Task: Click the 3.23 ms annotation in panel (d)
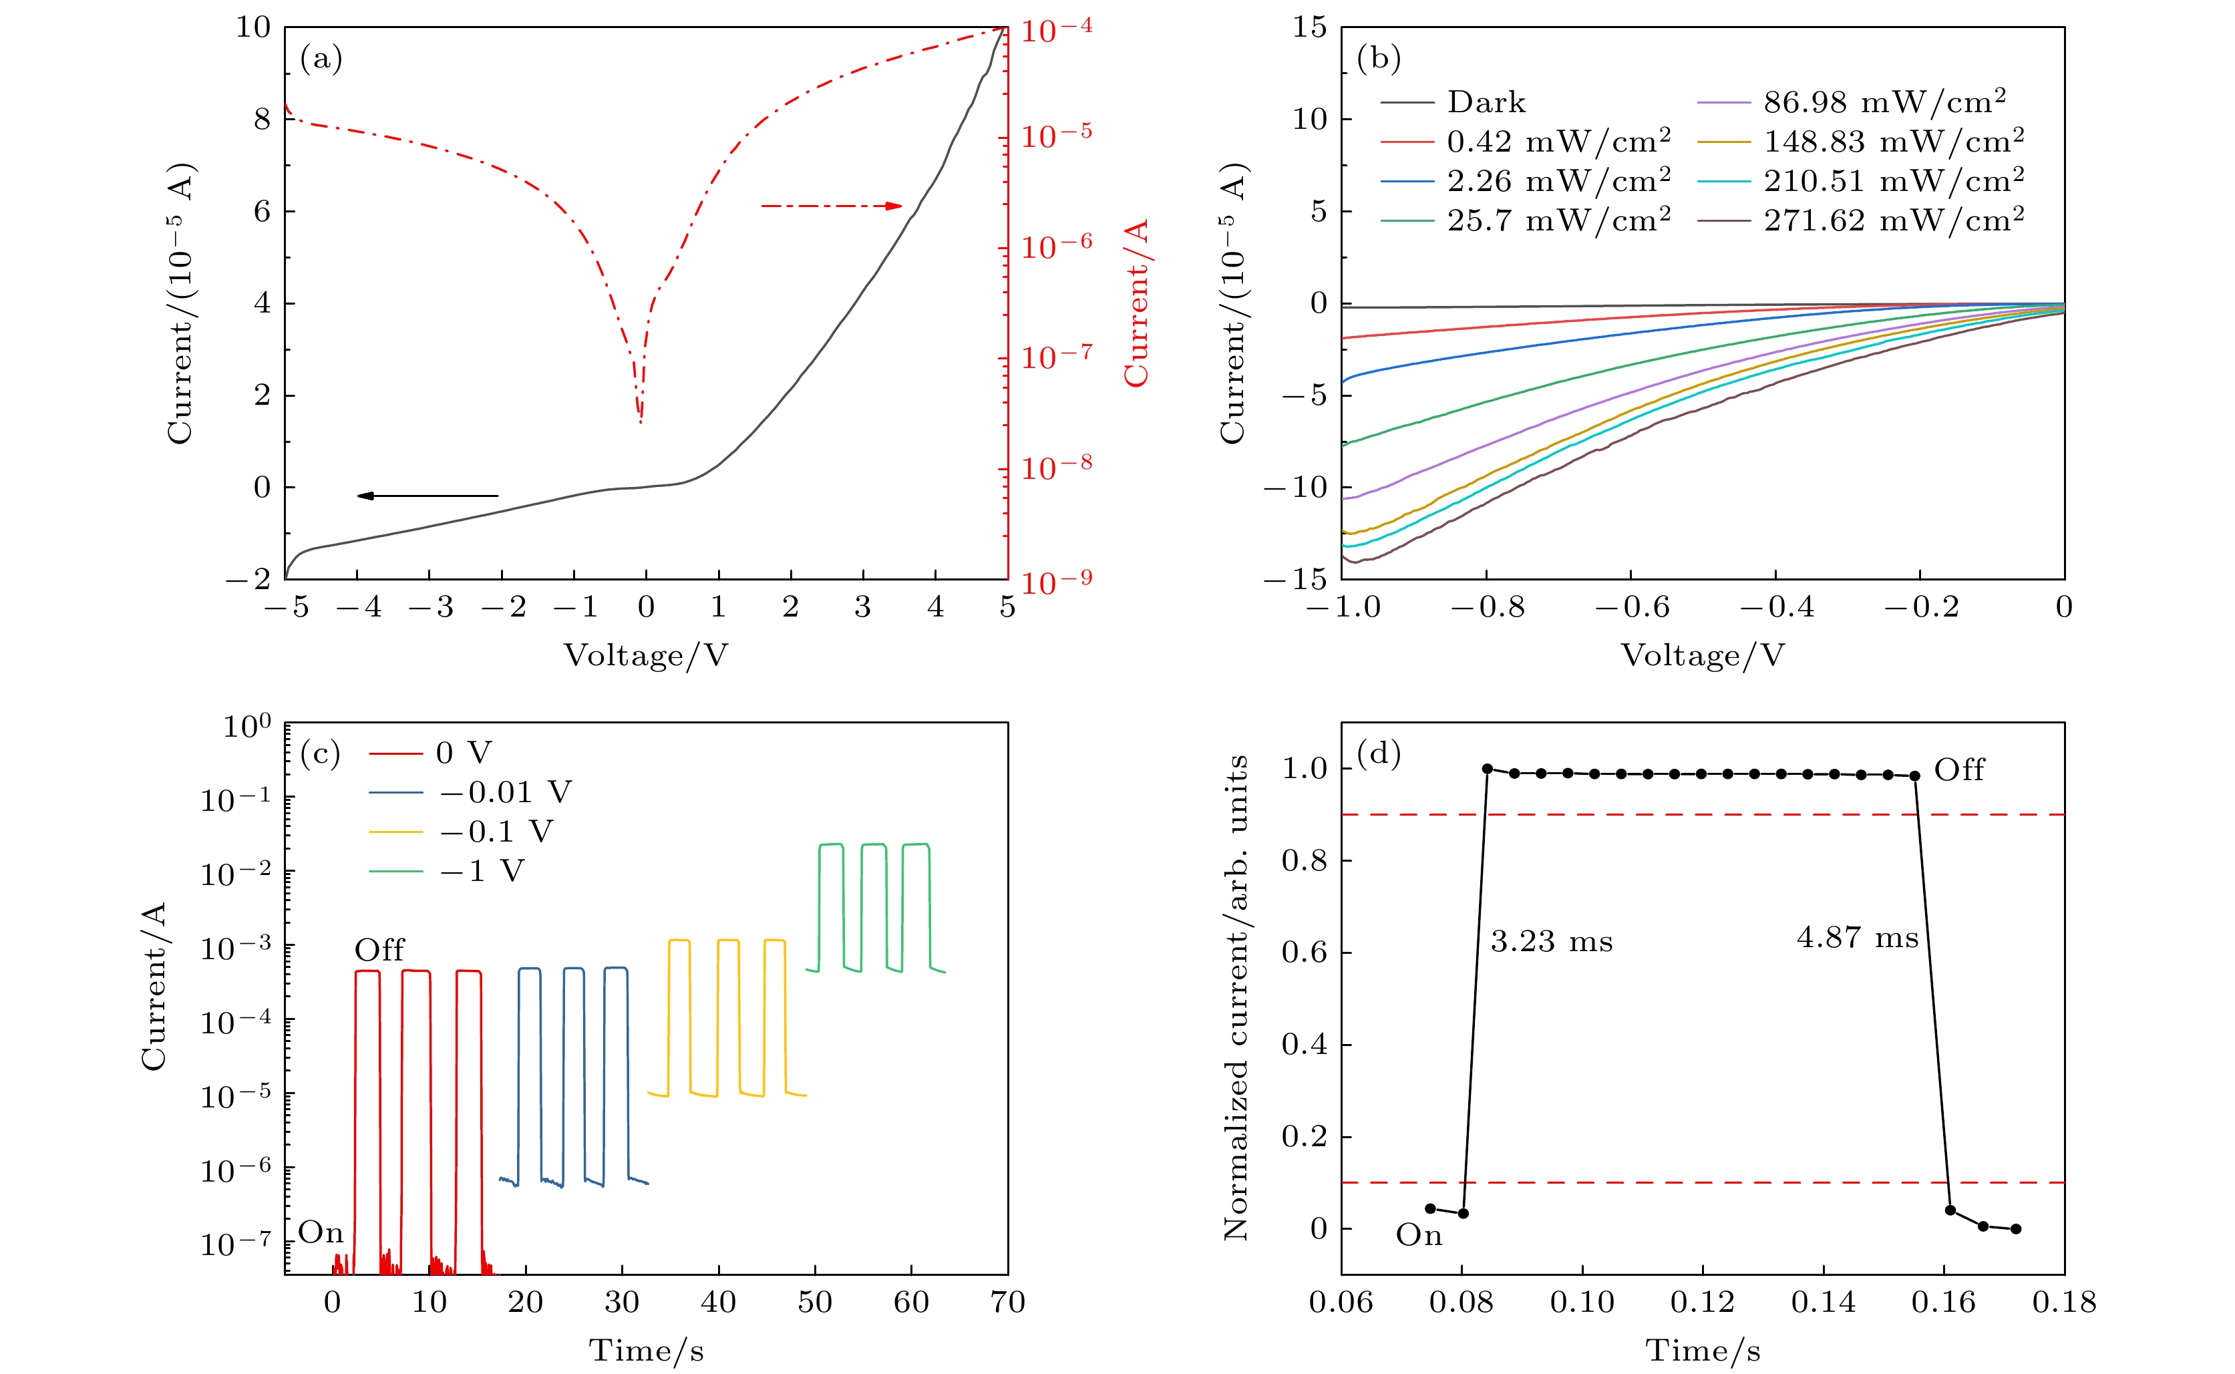pyautogui.click(x=1552, y=941)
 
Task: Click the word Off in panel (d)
pyautogui.click(x=1959, y=769)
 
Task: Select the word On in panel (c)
pyautogui.click(x=321, y=1232)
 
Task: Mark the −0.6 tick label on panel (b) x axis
pyautogui.click(x=1632, y=607)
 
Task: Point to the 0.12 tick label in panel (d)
pyautogui.click(x=1703, y=1303)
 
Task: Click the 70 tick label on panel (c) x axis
pyautogui.click(x=1007, y=1303)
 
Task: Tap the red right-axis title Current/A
pyautogui.click(x=1137, y=303)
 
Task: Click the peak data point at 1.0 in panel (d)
pyautogui.click(x=1488, y=769)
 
